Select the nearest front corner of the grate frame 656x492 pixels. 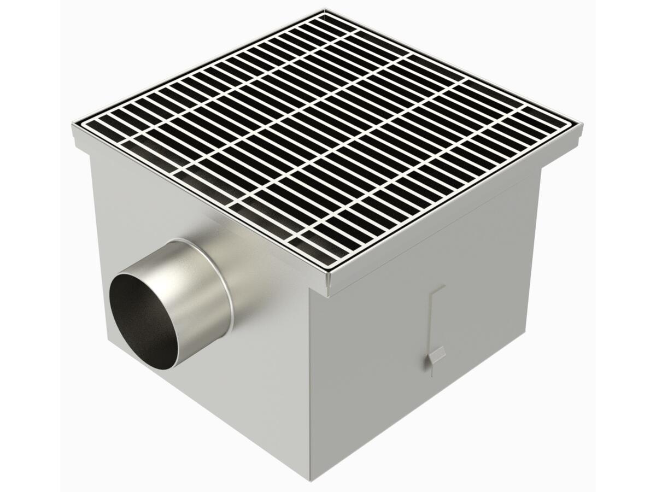(329, 273)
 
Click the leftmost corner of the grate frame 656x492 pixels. (74, 127)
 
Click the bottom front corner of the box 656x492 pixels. (311, 478)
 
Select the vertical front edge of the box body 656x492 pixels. (309, 383)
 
